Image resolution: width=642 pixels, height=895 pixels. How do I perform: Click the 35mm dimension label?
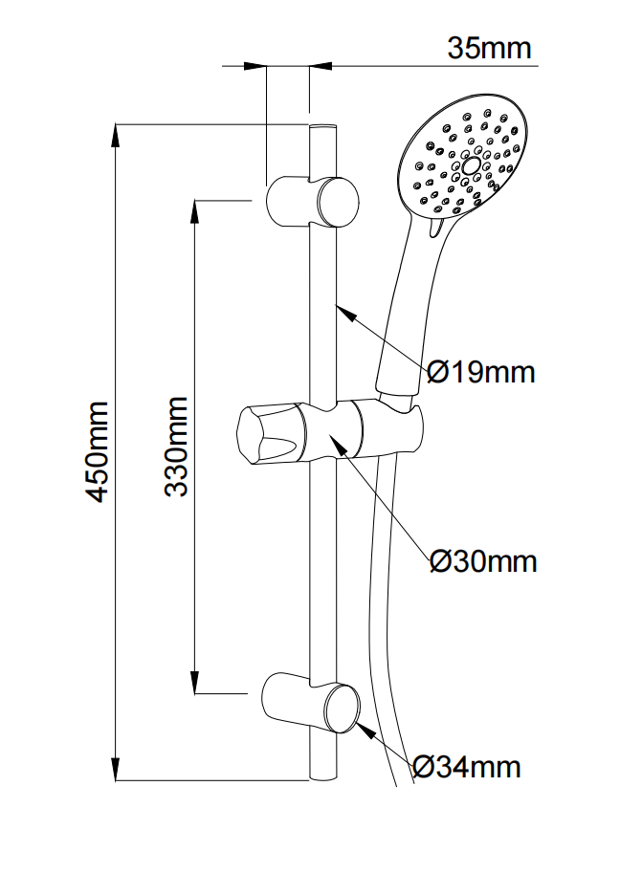489,48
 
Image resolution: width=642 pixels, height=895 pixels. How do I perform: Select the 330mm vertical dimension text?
177,447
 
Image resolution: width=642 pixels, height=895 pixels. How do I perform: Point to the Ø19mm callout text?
480,371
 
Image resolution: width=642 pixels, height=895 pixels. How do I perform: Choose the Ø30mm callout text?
482,560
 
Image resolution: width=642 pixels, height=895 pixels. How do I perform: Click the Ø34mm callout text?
467,766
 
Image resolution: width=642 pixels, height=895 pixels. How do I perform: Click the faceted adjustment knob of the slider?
267,436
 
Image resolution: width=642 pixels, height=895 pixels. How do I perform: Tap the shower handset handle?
406,306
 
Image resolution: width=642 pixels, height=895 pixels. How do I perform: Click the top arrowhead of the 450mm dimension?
117,134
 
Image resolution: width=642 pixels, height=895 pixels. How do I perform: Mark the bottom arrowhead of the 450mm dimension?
117,769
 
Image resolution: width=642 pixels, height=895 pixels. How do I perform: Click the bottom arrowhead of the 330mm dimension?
196,683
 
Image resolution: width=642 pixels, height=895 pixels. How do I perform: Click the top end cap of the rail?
322,126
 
